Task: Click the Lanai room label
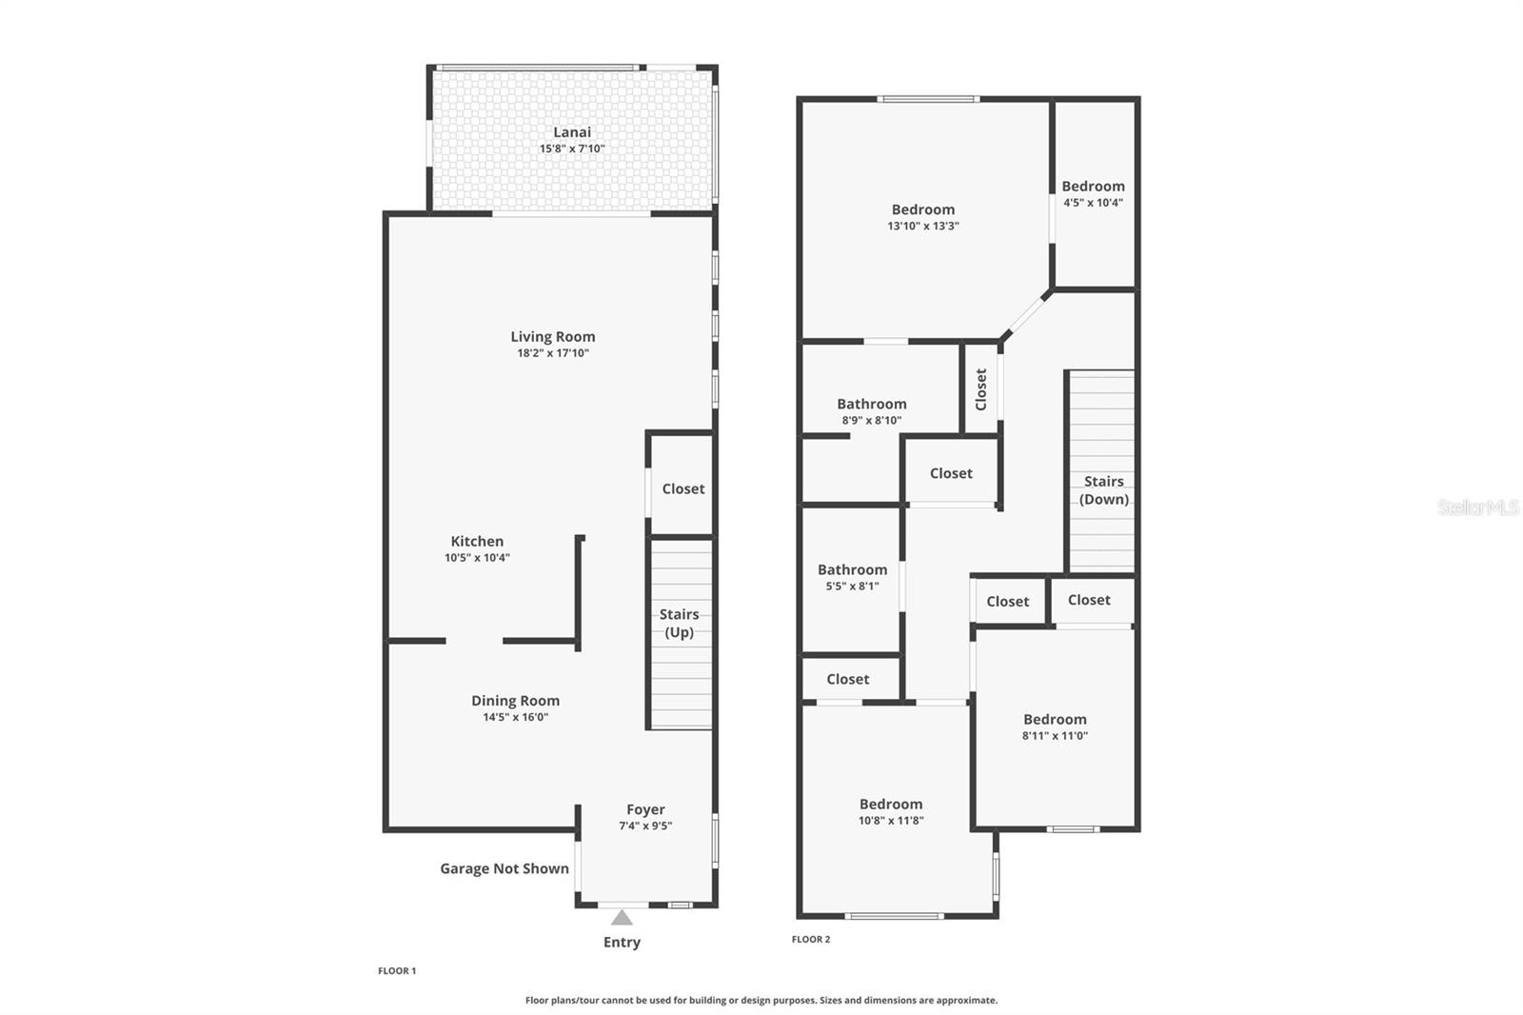(x=572, y=132)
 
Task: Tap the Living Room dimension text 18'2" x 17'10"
(x=553, y=353)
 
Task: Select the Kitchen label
(x=477, y=541)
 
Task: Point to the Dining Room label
(x=515, y=701)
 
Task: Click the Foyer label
(x=645, y=809)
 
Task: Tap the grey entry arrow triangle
(x=622, y=918)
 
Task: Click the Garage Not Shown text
(x=504, y=868)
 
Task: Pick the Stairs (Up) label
(x=679, y=623)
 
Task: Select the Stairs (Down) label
(x=1103, y=490)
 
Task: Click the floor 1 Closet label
(x=683, y=488)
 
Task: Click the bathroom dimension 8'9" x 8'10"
(x=871, y=420)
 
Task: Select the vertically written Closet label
(x=981, y=388)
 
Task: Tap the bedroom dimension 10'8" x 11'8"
(x=891, y=820)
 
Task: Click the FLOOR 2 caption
(x=811, y=939)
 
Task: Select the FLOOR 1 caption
(x=397, y=971)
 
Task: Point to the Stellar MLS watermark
(x=1478, y=507)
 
